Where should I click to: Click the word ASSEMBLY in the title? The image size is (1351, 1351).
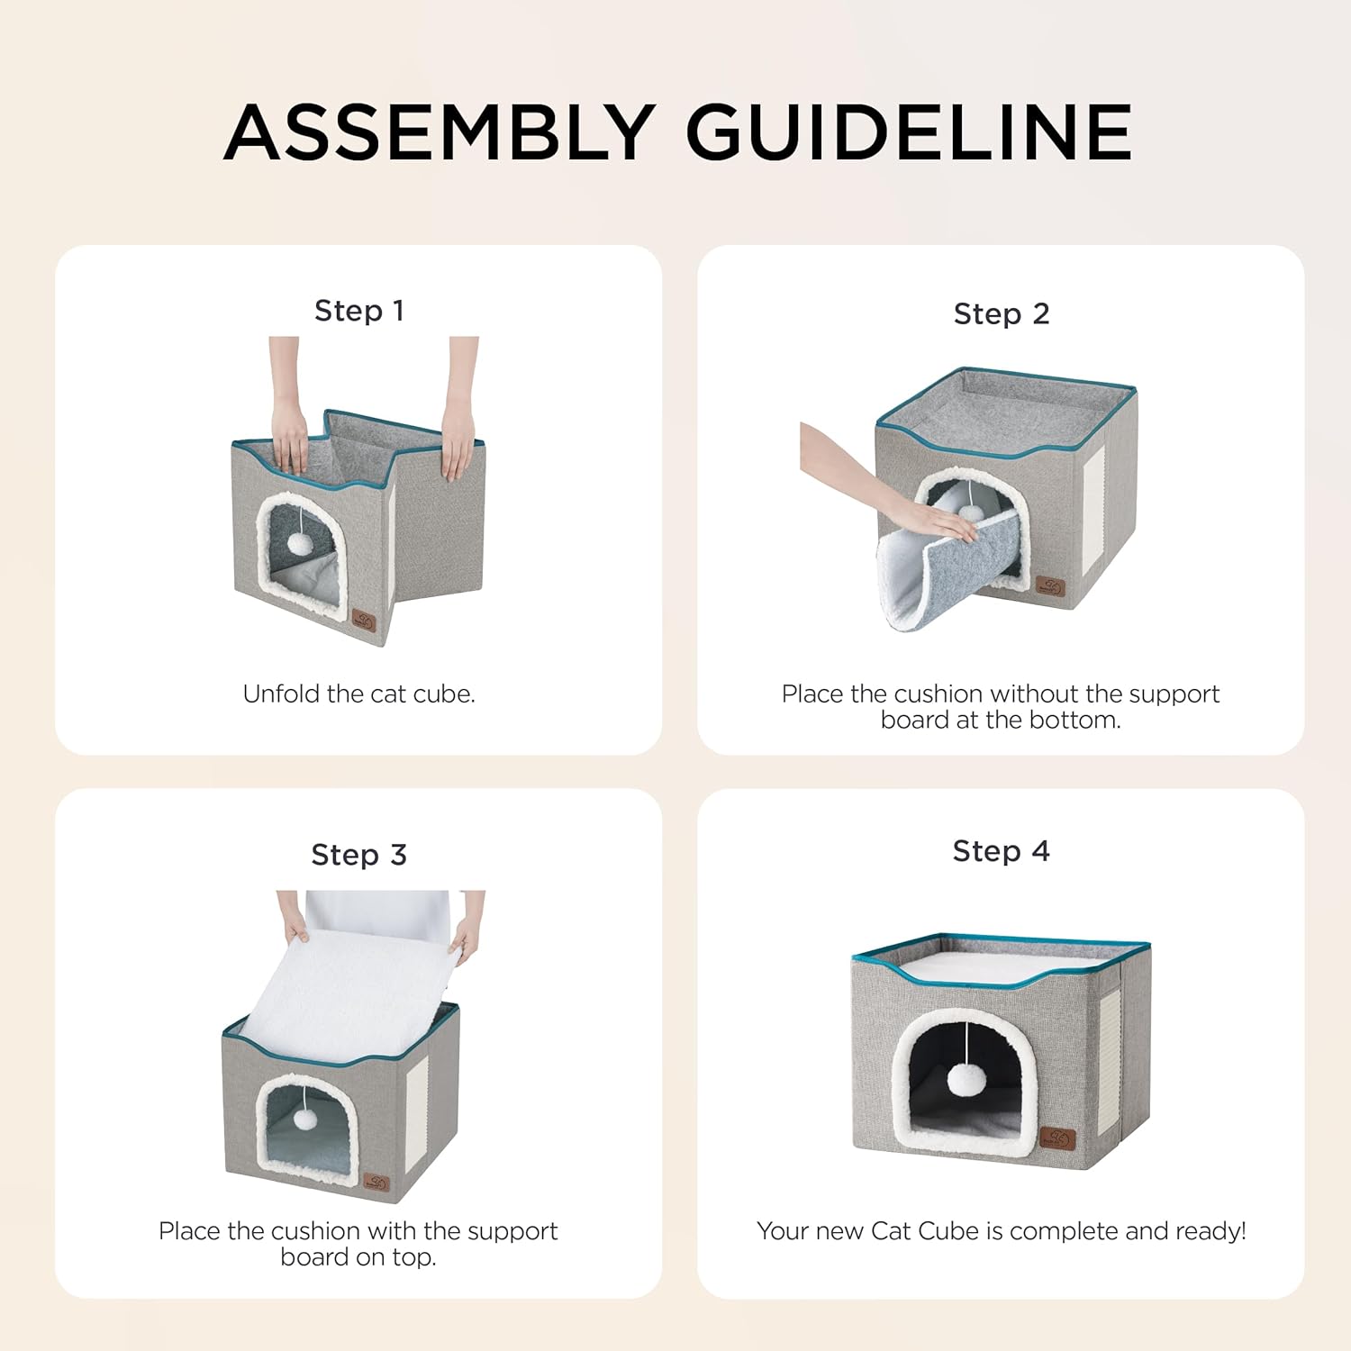pos(440,132)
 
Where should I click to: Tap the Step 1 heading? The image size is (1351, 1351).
pos(358,311)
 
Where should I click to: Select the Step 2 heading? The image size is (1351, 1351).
pos(1001,313)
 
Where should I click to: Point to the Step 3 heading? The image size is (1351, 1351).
pos(358,854)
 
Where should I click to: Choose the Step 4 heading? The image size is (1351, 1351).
pos(1001,850)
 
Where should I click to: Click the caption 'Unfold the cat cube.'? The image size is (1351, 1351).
pos(358,694)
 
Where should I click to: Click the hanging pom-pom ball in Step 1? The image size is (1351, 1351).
pos(300,543)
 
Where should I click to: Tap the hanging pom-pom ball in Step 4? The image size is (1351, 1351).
pos(966,1078)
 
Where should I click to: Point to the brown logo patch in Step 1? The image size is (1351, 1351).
pos(364,621)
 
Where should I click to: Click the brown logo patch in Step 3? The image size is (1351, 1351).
pos(376,1182)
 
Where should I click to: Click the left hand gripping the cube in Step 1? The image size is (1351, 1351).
pos(290,441)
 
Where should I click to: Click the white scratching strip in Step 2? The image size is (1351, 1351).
pos(1093,500)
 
